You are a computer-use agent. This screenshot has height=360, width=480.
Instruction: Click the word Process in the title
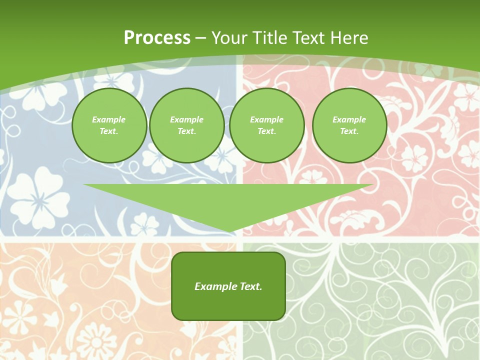157,38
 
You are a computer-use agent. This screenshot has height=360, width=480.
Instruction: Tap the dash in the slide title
201,38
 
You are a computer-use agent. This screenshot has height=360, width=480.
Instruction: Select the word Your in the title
228,38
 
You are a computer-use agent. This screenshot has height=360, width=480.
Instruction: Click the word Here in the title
352,38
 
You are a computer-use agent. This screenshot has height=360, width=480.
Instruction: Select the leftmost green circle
109,125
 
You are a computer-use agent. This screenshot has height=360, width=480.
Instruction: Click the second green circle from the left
187,125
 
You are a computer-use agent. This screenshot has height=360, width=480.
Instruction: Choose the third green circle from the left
267,125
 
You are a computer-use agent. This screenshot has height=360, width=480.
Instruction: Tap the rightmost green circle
349,125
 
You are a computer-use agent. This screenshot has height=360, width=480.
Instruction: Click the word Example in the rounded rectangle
215,286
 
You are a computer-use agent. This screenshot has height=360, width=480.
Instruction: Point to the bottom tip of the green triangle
229,231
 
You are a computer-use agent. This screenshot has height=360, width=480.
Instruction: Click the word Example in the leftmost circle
109,119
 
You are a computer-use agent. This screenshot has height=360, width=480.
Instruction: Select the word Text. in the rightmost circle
349,131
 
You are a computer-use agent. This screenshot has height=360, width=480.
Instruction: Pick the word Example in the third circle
266,119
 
